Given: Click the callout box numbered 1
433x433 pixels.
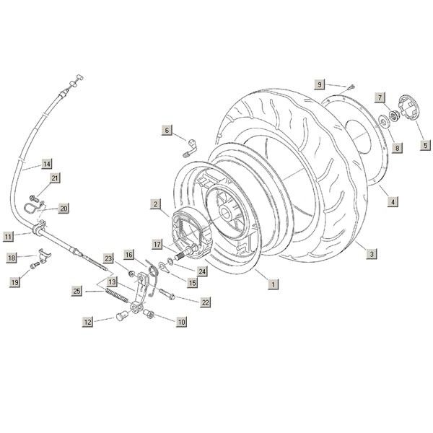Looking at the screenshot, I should pos(273,284).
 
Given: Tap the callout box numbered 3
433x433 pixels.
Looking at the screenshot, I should pos(370,254).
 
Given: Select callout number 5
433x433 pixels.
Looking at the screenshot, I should pos(425,144).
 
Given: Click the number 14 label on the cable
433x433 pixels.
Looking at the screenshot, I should pos(47,163).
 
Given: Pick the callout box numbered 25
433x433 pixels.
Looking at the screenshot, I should pos(77,291).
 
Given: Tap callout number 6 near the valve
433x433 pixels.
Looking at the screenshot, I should pos(167,131).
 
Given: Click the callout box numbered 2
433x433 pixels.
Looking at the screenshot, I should pos(155,204).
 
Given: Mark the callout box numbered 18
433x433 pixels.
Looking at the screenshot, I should pos(12,258).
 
